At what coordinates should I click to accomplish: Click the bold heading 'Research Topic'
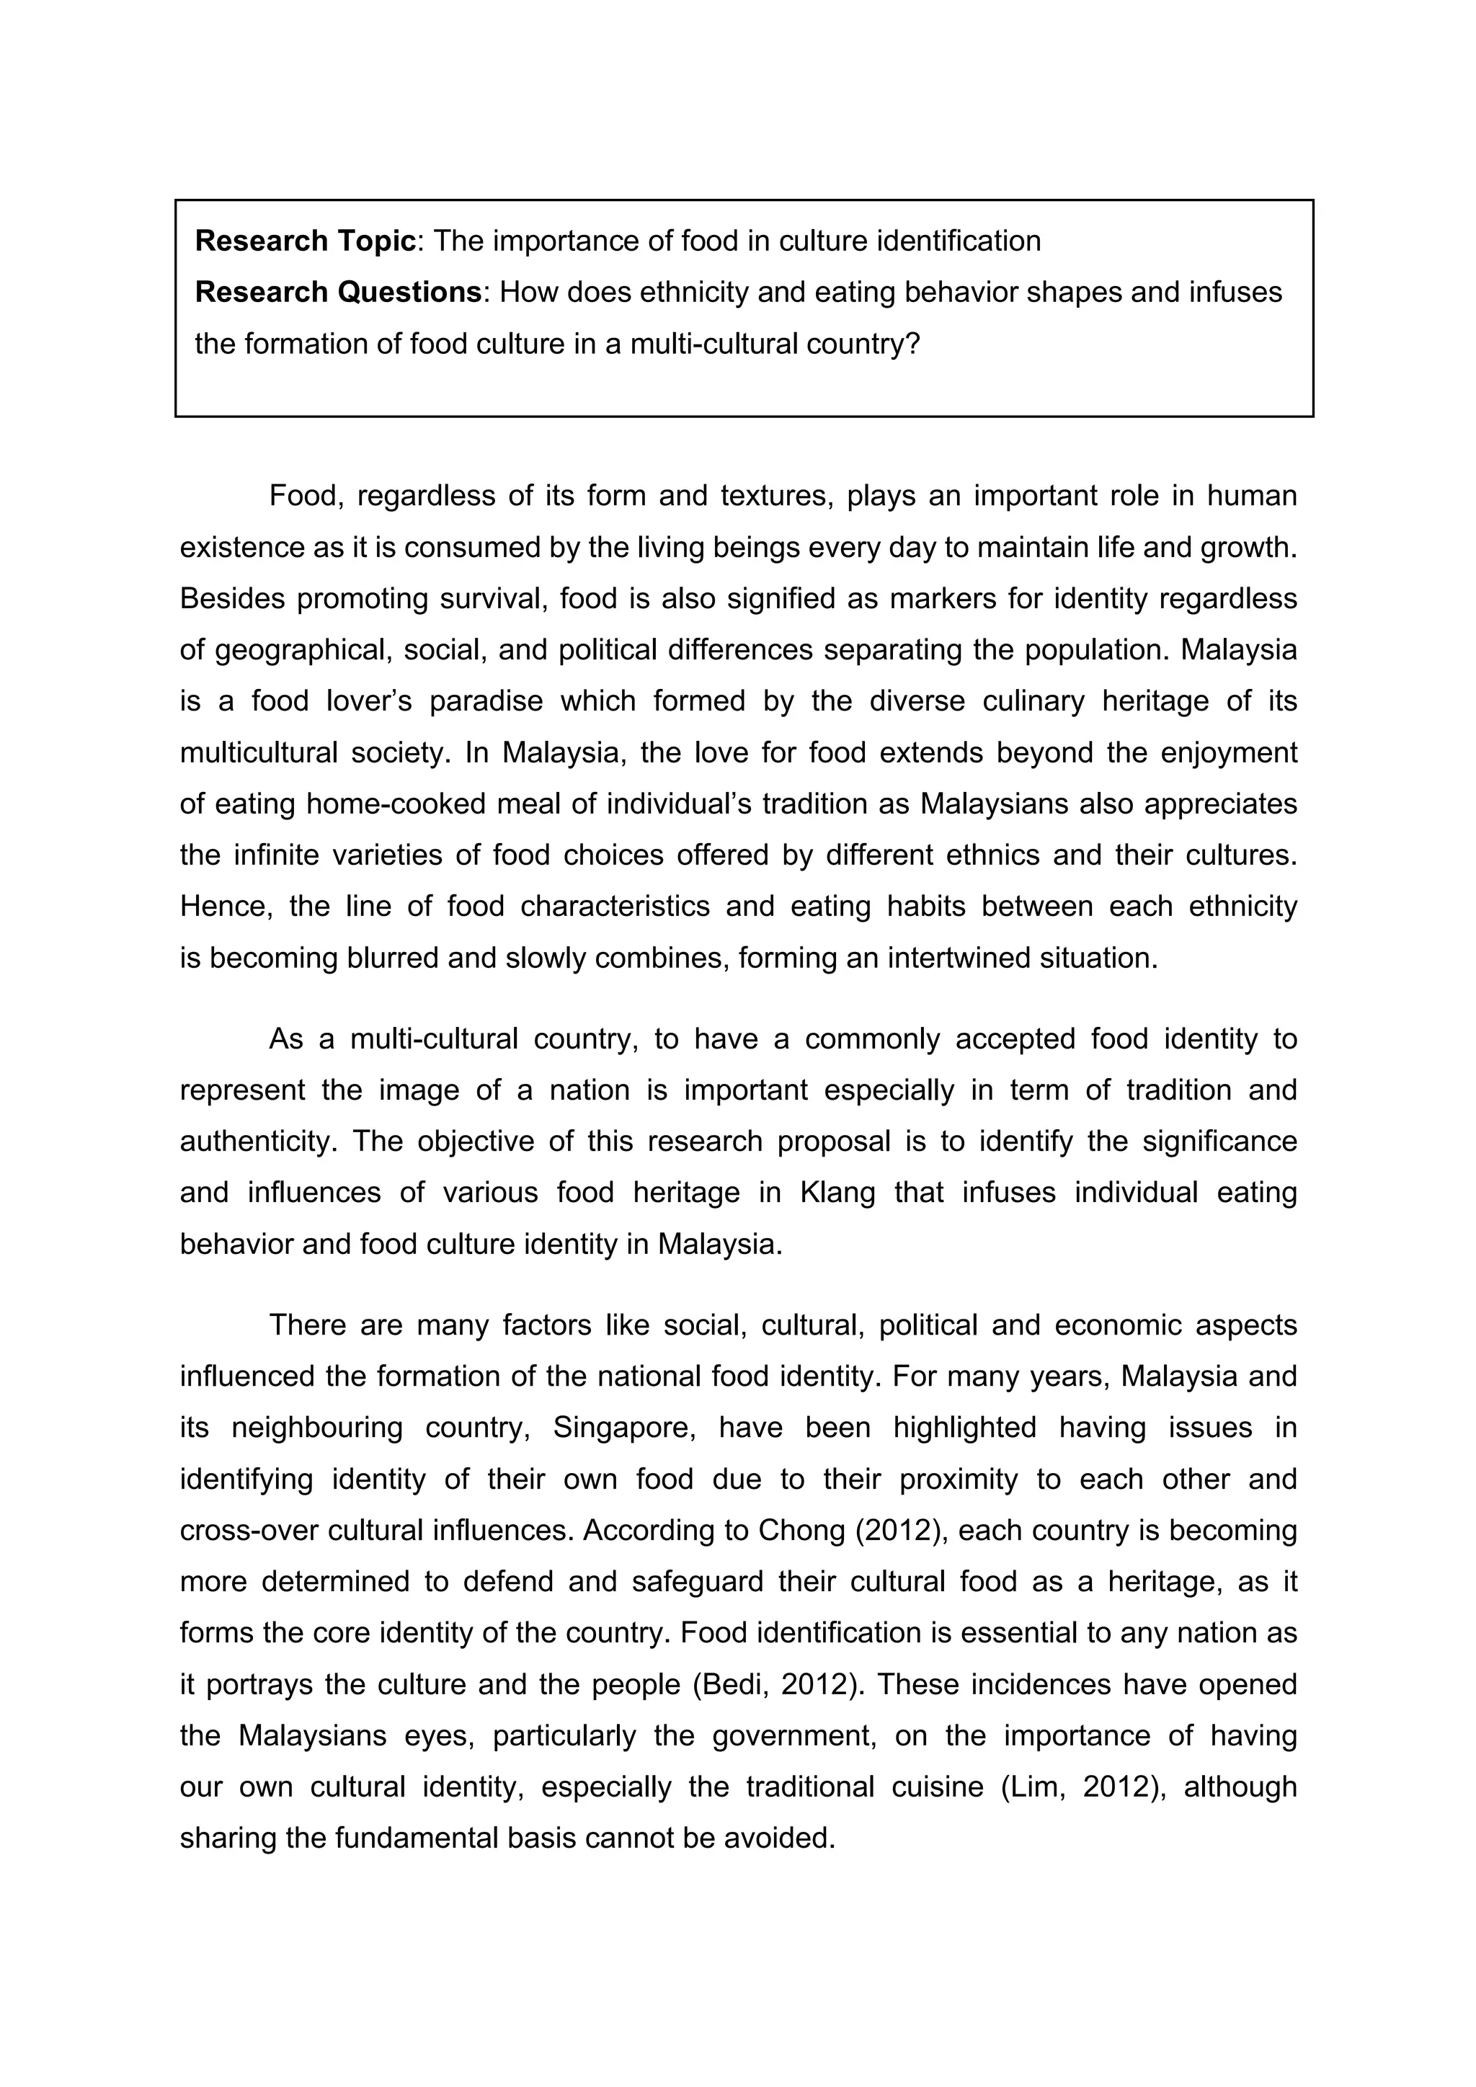[306, 241]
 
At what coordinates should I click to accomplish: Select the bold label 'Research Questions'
[338, 292]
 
